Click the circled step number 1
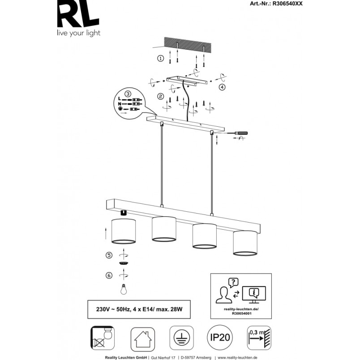pos(160,58)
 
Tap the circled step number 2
pos(160,96)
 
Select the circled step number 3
pos(128,94)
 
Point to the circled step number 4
pos(222,87)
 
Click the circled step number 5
pos(109,255)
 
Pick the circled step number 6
pos(109,275)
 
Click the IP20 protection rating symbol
pos(220,338)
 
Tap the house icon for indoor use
pos(142,339)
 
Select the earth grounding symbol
pos(182,338)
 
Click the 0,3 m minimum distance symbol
pos(259,338)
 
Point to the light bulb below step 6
pos(124,289)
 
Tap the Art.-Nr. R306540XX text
pos(276,4)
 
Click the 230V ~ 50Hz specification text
pos(139,309)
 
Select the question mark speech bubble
pos(233,283)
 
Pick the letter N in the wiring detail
pos(120,104)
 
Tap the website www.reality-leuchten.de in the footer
pos(237,357)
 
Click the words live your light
pos(79,33)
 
